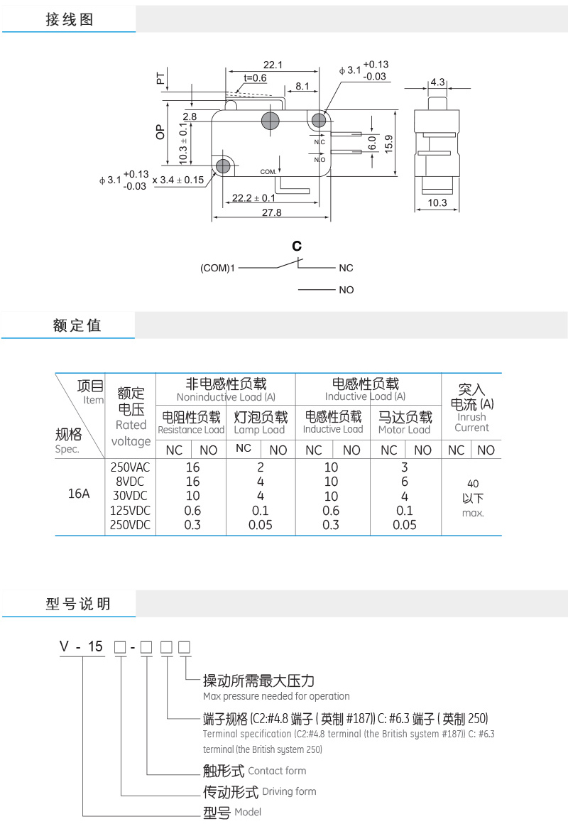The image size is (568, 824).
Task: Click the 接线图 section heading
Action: click(x=70, y=19)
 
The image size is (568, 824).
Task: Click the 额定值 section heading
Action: click(x=77, y=325)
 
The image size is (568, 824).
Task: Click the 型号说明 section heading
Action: click(x=78, y=604)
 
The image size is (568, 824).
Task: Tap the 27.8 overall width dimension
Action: click(x=272, y=212)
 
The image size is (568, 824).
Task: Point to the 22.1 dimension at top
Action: click(x=273, y=65)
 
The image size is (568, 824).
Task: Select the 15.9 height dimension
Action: click(x=389, y=144)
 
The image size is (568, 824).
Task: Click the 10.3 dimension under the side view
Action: click(x=437, y=203)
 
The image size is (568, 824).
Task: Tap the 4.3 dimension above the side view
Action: click(x=437, y=82)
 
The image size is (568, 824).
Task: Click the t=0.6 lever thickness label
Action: click(x=256, y=77)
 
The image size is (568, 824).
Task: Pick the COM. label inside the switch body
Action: click(x=268, y=172)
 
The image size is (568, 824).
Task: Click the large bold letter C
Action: click(x=297, y=246)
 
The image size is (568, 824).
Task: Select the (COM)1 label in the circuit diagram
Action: click(x=217, y=268)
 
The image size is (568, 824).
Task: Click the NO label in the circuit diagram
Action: click(x=346, y=290)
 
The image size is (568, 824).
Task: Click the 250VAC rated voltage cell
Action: click(x=130, y=467)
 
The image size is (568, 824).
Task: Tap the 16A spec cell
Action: click(x=79, y=494)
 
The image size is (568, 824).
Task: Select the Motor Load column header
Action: click(x=405, y=430)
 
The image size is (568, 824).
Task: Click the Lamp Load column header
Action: click(x=259, y=430)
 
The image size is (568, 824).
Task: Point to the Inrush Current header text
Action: click(x=472, y=422)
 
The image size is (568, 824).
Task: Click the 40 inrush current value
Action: click(x=473, y=484)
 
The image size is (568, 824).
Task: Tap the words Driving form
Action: click(x=289, y=791)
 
